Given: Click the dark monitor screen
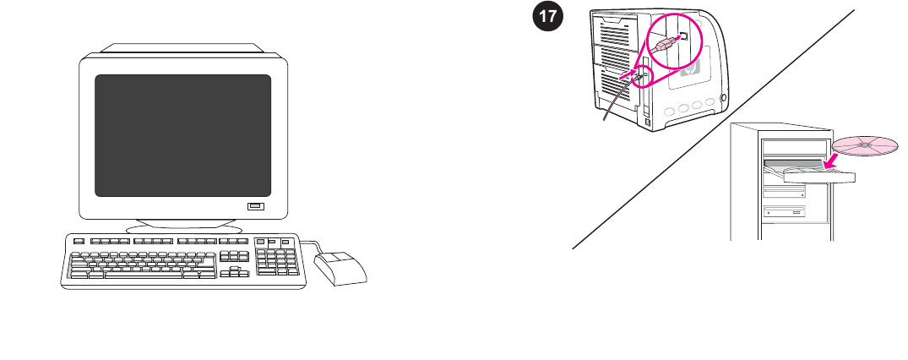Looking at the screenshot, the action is coord(182,135).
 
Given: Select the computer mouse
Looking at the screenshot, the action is coord(340,268).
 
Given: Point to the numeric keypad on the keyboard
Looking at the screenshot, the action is coord(276,262).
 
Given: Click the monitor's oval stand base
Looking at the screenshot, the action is coord(182,227).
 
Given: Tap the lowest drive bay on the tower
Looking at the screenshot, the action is coord(782,212).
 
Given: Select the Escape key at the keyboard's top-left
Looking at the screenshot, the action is coord(78,242).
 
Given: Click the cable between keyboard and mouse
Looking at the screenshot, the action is coord(309,246).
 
